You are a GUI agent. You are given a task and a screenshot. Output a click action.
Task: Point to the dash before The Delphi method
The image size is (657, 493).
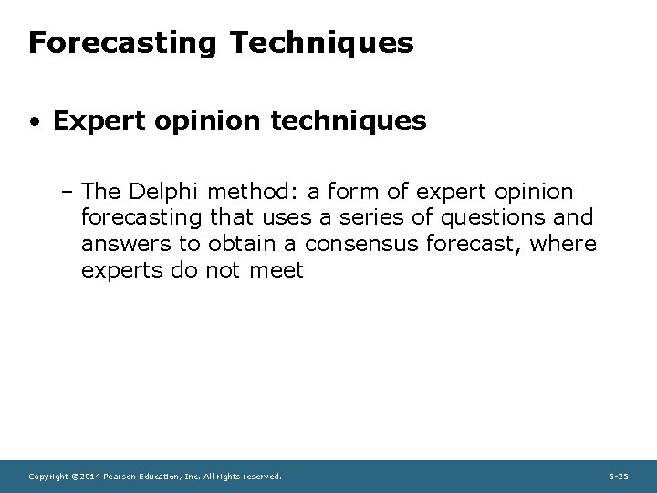[x=71, y=192]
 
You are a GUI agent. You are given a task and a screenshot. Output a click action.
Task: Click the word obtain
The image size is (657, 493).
[x=243, y=245]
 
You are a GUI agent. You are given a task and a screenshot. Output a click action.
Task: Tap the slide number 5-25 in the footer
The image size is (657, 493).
[x=618, y=477]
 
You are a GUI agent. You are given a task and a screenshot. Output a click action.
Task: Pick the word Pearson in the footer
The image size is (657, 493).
[x=120, y=477]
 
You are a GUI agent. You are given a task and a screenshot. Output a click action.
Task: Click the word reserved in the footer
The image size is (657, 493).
[x=259, y=477]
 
